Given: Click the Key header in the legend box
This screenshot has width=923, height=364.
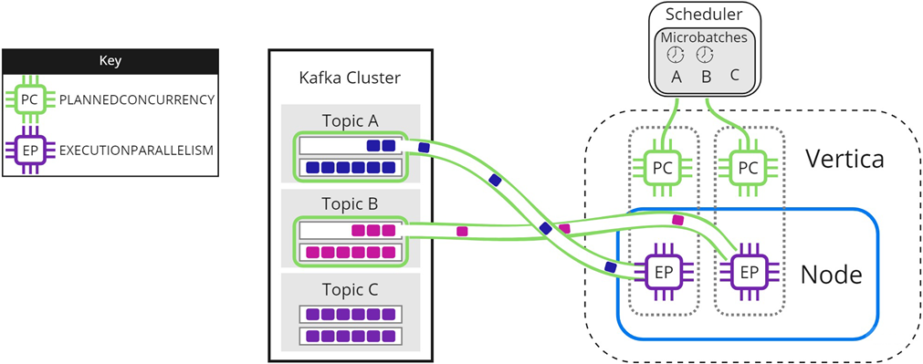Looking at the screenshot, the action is (110, 61).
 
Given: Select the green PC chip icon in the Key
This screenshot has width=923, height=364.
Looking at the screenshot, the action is (31, 100).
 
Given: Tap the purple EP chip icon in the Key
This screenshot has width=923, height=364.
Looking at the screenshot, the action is (31, 150).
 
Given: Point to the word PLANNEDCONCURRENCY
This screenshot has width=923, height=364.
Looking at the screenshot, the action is (136, 100).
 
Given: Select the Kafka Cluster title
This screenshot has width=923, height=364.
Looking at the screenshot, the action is (351, 79).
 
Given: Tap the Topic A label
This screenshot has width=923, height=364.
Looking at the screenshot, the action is (351, 121).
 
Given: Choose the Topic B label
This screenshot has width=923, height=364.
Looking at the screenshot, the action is (351, 205).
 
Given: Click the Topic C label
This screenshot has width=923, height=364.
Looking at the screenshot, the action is (351, 289).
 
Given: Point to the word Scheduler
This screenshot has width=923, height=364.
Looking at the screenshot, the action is (705, 14).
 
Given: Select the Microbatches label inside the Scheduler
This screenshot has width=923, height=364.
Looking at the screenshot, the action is (705, 36).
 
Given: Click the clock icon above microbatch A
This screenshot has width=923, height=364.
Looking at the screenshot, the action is (676, 55).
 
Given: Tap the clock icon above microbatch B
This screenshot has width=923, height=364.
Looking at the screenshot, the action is (705, 55).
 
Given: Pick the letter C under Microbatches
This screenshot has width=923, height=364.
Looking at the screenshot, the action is (735, 75).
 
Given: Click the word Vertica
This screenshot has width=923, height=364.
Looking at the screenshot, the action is (844, 158).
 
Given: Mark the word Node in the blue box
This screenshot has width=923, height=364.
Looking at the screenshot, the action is (831, 274).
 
